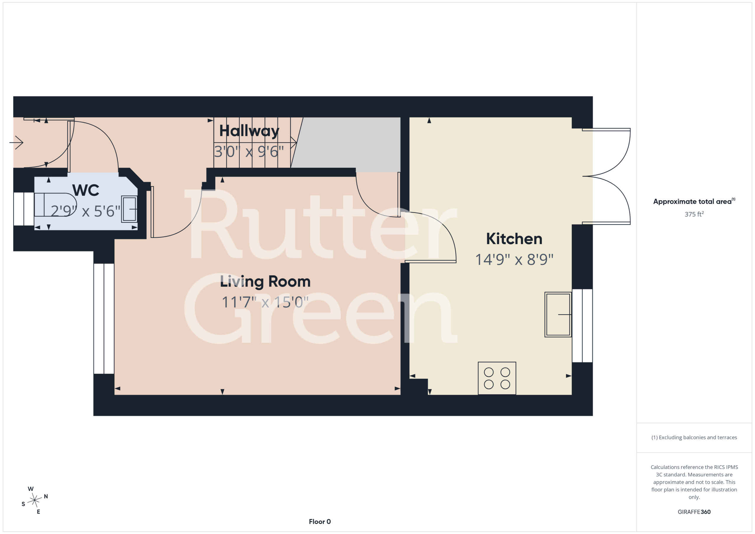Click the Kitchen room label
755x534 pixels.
coord(514,239)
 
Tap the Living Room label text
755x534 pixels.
coord(265,282)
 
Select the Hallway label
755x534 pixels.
coord(249,131)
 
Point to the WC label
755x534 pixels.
coord(86,190)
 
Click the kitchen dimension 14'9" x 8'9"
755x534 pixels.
coord(514,259)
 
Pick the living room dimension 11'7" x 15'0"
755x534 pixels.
coord(265,302)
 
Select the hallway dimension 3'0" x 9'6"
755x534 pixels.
coord(249,152)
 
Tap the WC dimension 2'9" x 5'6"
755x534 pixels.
coord(86,211)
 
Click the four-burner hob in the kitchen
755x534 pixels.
coord(497,378)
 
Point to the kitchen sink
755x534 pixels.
coord(558,314)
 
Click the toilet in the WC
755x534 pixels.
coord(55,205)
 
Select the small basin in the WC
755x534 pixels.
coord(129,209)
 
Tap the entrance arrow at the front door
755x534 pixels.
coord(17,142)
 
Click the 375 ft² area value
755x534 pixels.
coord(694,214)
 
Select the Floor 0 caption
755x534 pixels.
coord(320,522)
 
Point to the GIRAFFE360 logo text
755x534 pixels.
coord(694,512)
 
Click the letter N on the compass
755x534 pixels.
coord(46,496)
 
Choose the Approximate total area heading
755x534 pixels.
coord(694,201)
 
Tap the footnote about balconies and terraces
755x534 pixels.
coord(694,437)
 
